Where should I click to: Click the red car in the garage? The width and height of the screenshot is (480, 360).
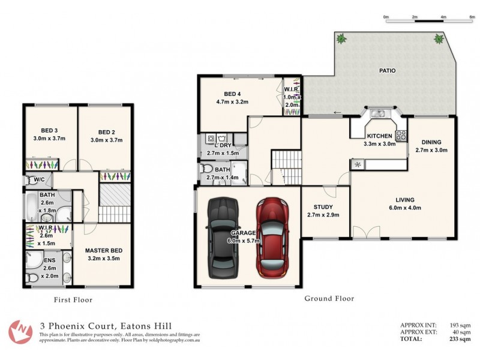pyautogui.click(x=273, y=238)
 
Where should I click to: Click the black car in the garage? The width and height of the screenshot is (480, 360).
pyautogui.click(x=223, y=238)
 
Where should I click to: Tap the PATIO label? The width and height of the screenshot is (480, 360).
pyautogui.click(x=387, y=71)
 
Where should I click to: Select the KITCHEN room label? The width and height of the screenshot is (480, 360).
pyautogui.click(x=379, y=136)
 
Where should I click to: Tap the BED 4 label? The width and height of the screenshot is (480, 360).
pyautogui.click(x=232, y=94)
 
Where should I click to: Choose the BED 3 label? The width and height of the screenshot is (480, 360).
pyautogui.click(x=50, y=131)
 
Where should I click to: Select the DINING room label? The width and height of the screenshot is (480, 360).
pyautogui.click(x=431, y=142)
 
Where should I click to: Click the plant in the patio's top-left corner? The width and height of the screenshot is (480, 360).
pyautogui.click(x=341, y=39)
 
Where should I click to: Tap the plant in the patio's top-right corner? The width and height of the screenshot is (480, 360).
pyautogui.click(x=439, y=40)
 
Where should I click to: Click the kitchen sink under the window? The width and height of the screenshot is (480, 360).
pyautogui.click(x=378, y=113)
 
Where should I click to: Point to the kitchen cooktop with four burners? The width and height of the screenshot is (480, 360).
pyautogui.click(x=401, y=135)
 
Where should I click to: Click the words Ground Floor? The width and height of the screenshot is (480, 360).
pyautogui.click(x=329, y=298)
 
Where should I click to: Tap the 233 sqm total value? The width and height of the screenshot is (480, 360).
pyautogui.click(x=459, y=339)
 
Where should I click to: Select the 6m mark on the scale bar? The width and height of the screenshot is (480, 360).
pyautogui.click(x=472, y=17)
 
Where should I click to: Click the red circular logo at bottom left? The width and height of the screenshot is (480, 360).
pyautogui.click(x=21, y=331)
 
